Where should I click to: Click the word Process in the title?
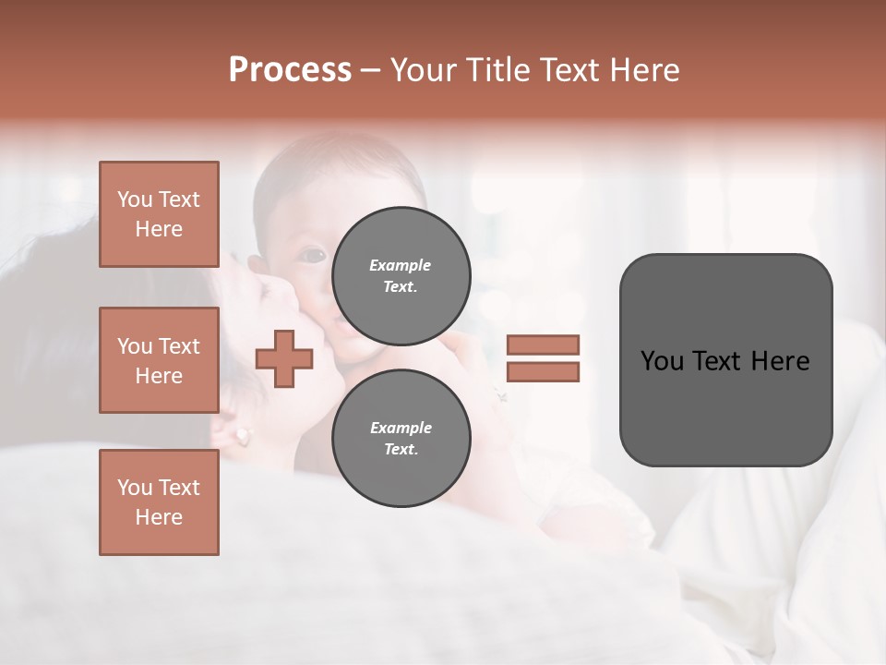pyautogui.click(x=290, y=70)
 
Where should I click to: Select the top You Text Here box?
pyautogui.click(x=159, y=214)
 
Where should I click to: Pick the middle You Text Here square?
pyautogui.click(x=159, y=360)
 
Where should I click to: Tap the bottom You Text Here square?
pyautogui.click(x=159, y=502)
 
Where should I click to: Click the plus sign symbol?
pyautogui.click(x=284, y=358)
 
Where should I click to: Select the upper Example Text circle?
pyautogui.click(x=401, y=275)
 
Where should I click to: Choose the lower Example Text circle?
pyautogui.click(x=401, y=438)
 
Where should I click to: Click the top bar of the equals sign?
pyautogui.click(x=543, y=345)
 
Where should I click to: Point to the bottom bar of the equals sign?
pyautogui.click(x=543, y=371)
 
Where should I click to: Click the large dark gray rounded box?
pyautogui.click(x=725, y=359)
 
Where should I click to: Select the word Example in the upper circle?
pyautogui.click(x=401, y=265)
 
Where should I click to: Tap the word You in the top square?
pyautogui.click(x=134, y=199)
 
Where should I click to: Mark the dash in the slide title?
pyautogui.click(x=371, y=70)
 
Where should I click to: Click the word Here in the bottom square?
pyautogui.click(x=159, y=517)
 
